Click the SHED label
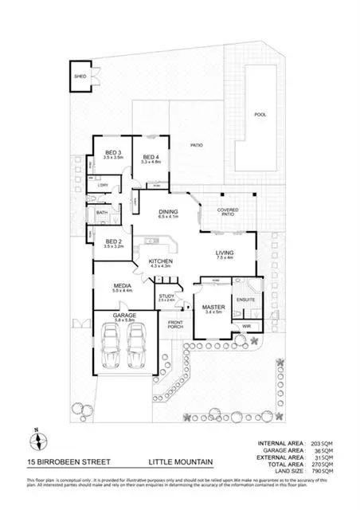(x=80, y=76)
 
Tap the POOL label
(x=260, y=115)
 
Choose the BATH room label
(x=102, y=213)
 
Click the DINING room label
(x=168, y=212)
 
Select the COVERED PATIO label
(x=229, y=209)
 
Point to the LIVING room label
(x=224, y=254)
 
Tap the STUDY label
(x=166, y=296)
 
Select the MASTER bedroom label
(x=213, y=308)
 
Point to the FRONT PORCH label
(x=174, y=324)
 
